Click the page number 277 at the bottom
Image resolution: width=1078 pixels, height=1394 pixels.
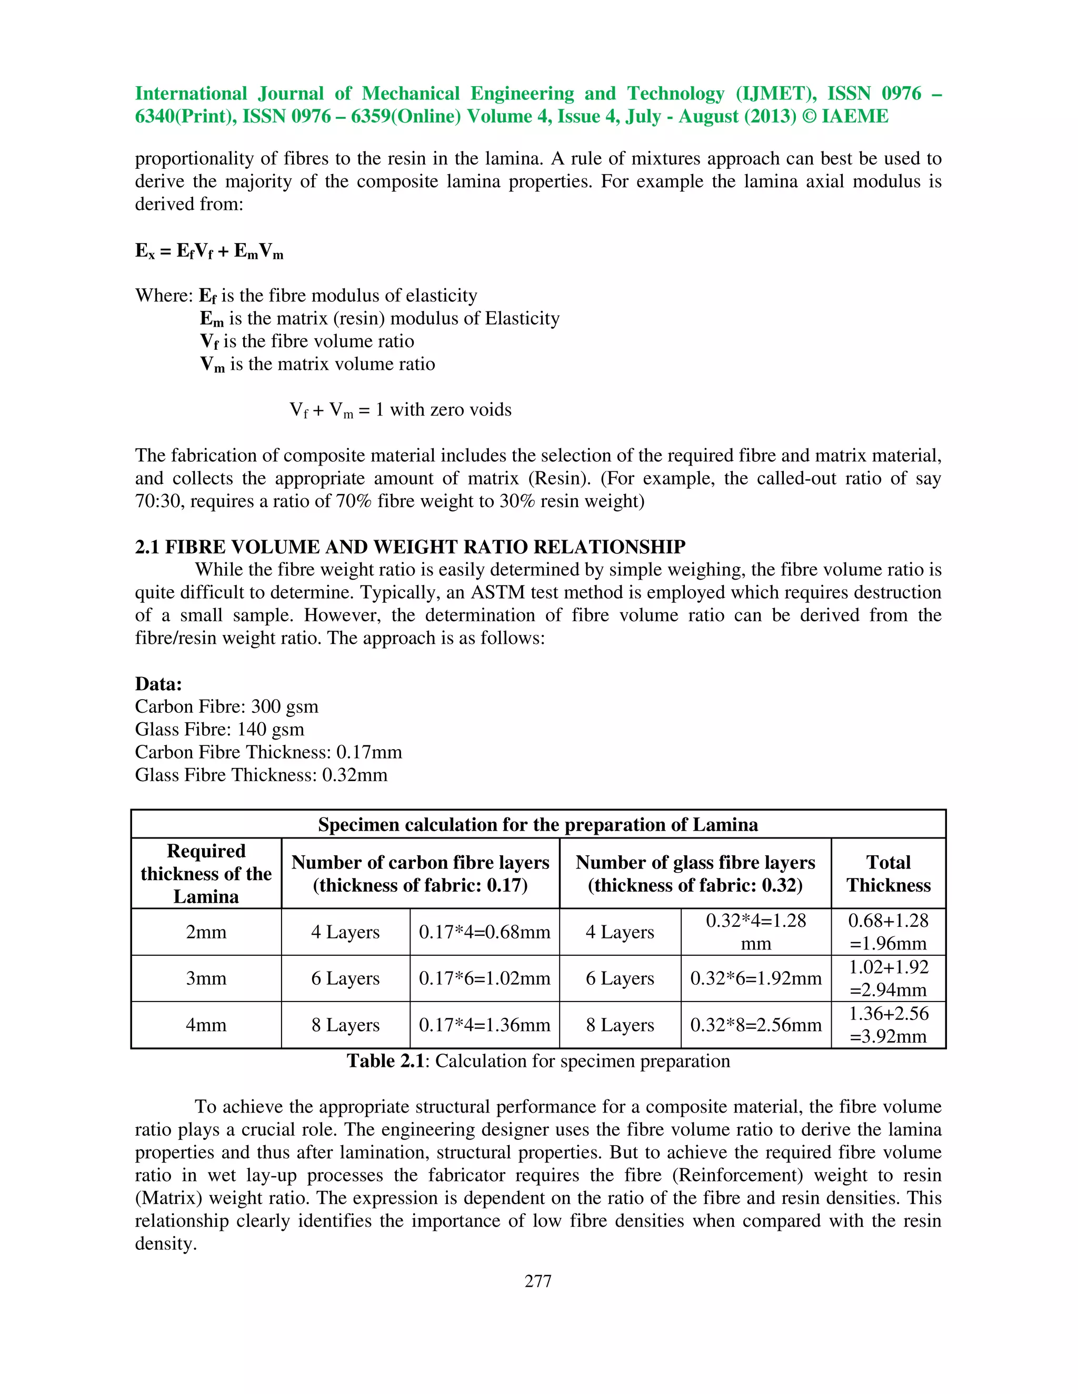[x=538, y=1281]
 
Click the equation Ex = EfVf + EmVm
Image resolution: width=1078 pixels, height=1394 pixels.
[x=209, y=251]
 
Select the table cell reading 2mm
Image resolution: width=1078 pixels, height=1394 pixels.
[x=206, y=932]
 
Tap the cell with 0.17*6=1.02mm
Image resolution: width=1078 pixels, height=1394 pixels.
[x=484, y=978]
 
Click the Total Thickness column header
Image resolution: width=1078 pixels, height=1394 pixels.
[x=889, y=874]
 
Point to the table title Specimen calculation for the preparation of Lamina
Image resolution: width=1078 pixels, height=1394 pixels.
[x=538, y=825]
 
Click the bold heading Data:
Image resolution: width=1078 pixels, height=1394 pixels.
[x=158, y=684]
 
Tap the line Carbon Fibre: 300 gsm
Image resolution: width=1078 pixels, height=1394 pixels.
[x=226, y=706]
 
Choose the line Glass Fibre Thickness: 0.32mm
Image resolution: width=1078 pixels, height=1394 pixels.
[x=261, y=775]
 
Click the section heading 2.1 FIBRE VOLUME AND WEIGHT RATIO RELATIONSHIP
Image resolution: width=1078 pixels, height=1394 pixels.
[x=410, y=547]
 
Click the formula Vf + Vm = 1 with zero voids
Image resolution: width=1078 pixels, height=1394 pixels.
[x=401, y=410]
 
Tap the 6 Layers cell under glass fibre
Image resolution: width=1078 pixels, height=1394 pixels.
[x=620, y=978]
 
